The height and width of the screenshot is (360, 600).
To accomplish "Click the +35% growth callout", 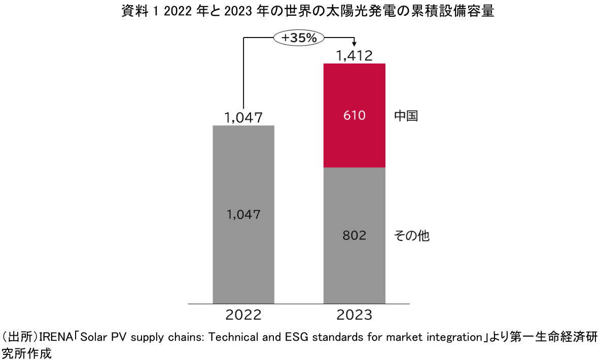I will (299, 37).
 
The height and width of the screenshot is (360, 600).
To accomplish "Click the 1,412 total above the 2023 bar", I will (355, 55).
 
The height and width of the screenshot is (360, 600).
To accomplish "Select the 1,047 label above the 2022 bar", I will (243, 118).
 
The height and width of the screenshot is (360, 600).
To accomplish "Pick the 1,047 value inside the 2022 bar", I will (243, 214).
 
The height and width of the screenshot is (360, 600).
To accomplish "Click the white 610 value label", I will (354, 116).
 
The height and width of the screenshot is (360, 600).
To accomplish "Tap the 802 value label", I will (354, 236).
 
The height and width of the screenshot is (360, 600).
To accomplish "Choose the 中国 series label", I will (406, 116).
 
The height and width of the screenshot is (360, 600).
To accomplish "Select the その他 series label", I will (411, 236).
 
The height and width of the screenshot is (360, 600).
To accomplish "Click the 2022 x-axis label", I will (243, 315).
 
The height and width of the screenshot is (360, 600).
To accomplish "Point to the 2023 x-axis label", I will (354, 315).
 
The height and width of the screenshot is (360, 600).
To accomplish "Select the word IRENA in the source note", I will (53, 337).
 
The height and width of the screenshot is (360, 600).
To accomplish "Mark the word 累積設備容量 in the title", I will (461, 11).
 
